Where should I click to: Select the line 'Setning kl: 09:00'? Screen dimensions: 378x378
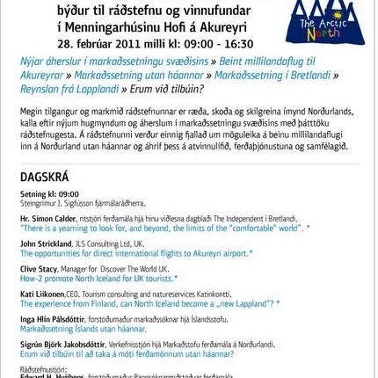tap(49, 193)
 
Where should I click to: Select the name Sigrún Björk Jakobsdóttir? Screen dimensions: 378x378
tap(62, 345)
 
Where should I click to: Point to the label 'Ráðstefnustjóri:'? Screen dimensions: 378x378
tap(43, 369)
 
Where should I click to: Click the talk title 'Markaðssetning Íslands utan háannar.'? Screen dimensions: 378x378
tap(83, 328)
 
